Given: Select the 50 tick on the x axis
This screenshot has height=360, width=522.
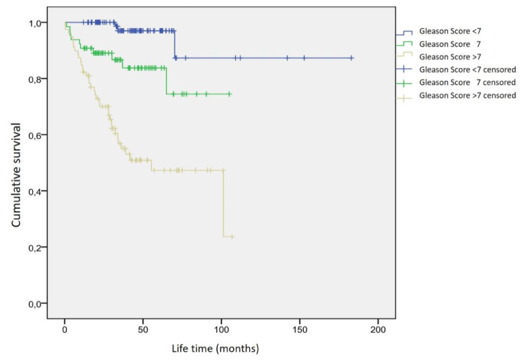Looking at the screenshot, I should [x=143, y=330].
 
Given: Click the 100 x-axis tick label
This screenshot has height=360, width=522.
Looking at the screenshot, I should [x=221, y=330].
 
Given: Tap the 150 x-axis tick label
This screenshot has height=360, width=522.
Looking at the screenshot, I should [x=300, y=330].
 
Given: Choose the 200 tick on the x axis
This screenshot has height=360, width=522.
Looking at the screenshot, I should [x=378, y=330].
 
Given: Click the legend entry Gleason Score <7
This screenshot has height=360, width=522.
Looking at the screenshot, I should [x=450, y=32].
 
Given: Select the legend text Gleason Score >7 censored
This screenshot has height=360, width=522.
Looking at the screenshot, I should [x=468, y=95].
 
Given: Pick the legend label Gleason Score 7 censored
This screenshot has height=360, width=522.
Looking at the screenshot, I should [x=468, y=82].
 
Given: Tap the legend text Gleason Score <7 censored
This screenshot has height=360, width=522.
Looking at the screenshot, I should [x=468, y=69].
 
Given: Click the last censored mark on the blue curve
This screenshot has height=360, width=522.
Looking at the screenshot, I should [x=352, y=58].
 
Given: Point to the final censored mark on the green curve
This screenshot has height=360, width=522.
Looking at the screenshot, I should [x=229, y=94].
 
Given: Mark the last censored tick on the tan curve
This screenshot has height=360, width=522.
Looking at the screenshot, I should [x=232, y=237].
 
